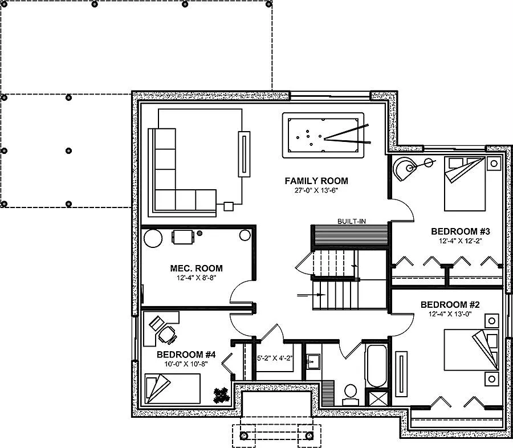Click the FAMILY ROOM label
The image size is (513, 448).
point(316,181)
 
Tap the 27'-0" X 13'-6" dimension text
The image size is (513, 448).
point(316,191)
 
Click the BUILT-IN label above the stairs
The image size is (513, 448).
point(351,221)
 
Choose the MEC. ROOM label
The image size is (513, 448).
point(196,268)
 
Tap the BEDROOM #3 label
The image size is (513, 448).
point(461,231)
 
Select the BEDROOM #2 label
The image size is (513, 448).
point(450,304)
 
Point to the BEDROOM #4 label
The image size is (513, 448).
point(184,354)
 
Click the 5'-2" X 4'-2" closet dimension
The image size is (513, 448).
point(275,359)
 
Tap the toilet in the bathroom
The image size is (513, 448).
point(350,393)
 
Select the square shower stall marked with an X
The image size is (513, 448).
point(377,397)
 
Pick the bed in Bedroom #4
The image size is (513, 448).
point(172,389)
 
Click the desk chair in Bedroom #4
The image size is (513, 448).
point(167,335)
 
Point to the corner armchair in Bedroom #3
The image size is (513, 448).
point(406,169)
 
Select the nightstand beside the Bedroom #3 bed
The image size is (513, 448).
point(493,164)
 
